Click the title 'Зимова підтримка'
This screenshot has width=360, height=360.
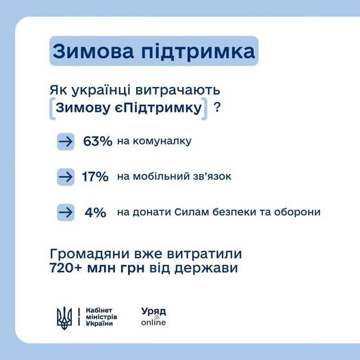click(153, 52)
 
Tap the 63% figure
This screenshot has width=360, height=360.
click(97, 142)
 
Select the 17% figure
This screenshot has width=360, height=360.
click(95, 177)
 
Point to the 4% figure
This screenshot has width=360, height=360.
click(95, 212)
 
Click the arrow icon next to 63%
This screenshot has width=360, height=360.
click(66, 142)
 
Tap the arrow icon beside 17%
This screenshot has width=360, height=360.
click(66, 177)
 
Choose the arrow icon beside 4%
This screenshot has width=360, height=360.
click(66, 212)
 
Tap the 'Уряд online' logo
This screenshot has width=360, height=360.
click(153, 316)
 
